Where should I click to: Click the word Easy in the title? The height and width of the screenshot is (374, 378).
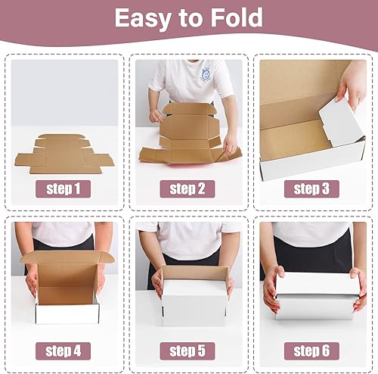point(141,18)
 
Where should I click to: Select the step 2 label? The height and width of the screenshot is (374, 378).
point(187,188)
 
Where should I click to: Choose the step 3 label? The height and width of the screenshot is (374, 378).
point(311,188)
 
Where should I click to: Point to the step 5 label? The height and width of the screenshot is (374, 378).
point(187,351)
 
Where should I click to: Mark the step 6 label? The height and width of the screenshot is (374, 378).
point(311,351)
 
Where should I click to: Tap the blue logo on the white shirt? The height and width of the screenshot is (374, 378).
point(206,74)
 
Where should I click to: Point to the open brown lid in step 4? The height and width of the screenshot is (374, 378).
point(67,257)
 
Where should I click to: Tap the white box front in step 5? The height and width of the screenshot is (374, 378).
point(194,300)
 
